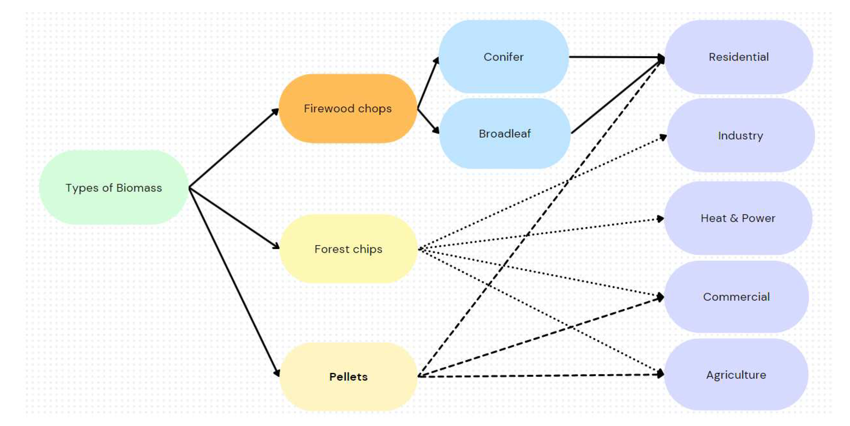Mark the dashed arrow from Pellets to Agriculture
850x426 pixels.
541,376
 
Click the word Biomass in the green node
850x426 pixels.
139,188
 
